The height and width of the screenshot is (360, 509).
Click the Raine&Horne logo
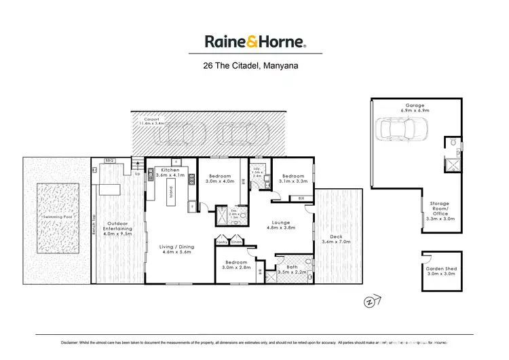(254, 41)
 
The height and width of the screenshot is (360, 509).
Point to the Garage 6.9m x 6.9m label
(415, 107)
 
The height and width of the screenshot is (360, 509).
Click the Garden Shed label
(439, 271)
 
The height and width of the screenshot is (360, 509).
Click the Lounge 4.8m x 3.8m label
(281, 225)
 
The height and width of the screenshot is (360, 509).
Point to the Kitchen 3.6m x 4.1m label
(170, 173)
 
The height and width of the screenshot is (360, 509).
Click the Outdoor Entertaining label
(117, 228)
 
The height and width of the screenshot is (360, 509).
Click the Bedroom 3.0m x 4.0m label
(220, 178)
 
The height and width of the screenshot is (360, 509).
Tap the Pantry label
(221, 242)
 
